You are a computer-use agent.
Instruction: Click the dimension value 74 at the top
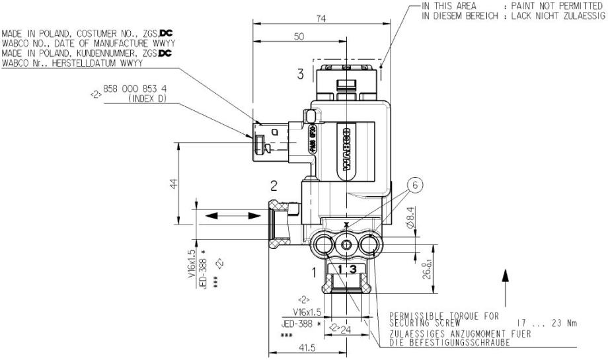pos(320,19)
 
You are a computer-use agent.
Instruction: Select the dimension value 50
pos(299,38)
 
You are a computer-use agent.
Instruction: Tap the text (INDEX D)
pos(145,99)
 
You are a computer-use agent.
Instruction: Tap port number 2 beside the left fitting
pos(272,184)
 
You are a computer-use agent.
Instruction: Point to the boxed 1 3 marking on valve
pos(346,268)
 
